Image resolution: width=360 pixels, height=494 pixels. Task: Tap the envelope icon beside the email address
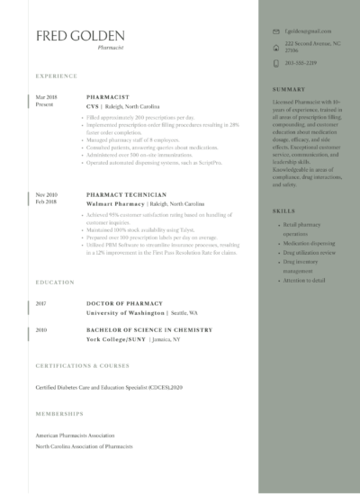[x=275, y=31]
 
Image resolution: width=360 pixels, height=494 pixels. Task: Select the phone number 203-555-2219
[x=300, y=64]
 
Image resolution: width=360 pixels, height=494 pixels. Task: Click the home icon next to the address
[x=275, y=47]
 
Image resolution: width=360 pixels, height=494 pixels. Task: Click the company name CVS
[x=92, y=106]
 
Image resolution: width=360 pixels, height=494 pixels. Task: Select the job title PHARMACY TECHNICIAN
[x=126, y=194]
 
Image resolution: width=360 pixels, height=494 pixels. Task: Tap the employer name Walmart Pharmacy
[x=112, y=204]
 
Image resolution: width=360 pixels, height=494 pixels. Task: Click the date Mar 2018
[x=46, y=95]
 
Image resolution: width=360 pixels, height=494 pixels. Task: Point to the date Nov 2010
[x=46, y=194]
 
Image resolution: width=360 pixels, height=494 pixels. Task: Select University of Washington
[x=125, y=312]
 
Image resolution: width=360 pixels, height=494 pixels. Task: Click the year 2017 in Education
[x=41, y=304]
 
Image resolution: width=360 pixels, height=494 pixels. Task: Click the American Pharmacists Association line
[x=76, y=435]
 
